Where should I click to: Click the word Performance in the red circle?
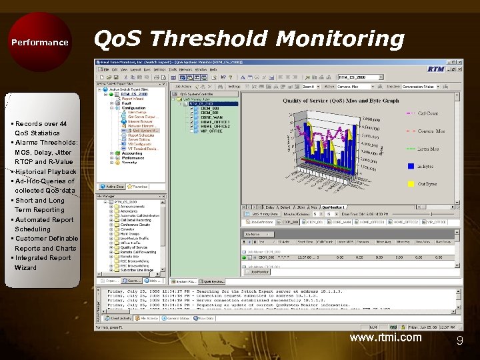tap(40, 43)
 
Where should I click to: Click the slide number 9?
tap(459, 341)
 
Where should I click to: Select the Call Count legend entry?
tap(428, 113)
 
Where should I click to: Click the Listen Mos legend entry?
tap(428, 149)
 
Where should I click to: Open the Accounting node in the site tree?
tap(132, 153)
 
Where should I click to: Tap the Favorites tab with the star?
tap(138, 187)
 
